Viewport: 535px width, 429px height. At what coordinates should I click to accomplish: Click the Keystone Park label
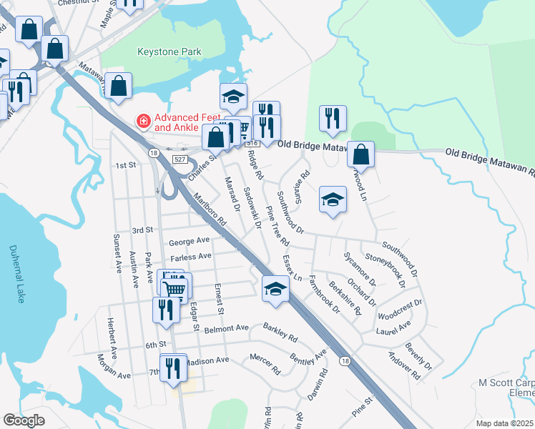[170, 51]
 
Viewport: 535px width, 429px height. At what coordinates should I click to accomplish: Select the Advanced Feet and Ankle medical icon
[144, 122]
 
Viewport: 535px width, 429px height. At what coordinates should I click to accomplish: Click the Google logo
[24, 420]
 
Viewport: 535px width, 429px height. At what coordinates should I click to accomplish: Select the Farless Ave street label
[190, 256]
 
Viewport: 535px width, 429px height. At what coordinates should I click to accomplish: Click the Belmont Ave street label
[226, 328]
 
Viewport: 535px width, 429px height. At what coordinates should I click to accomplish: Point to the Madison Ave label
[207, 361]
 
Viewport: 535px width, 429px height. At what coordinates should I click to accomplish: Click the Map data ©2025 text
[504, 423]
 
